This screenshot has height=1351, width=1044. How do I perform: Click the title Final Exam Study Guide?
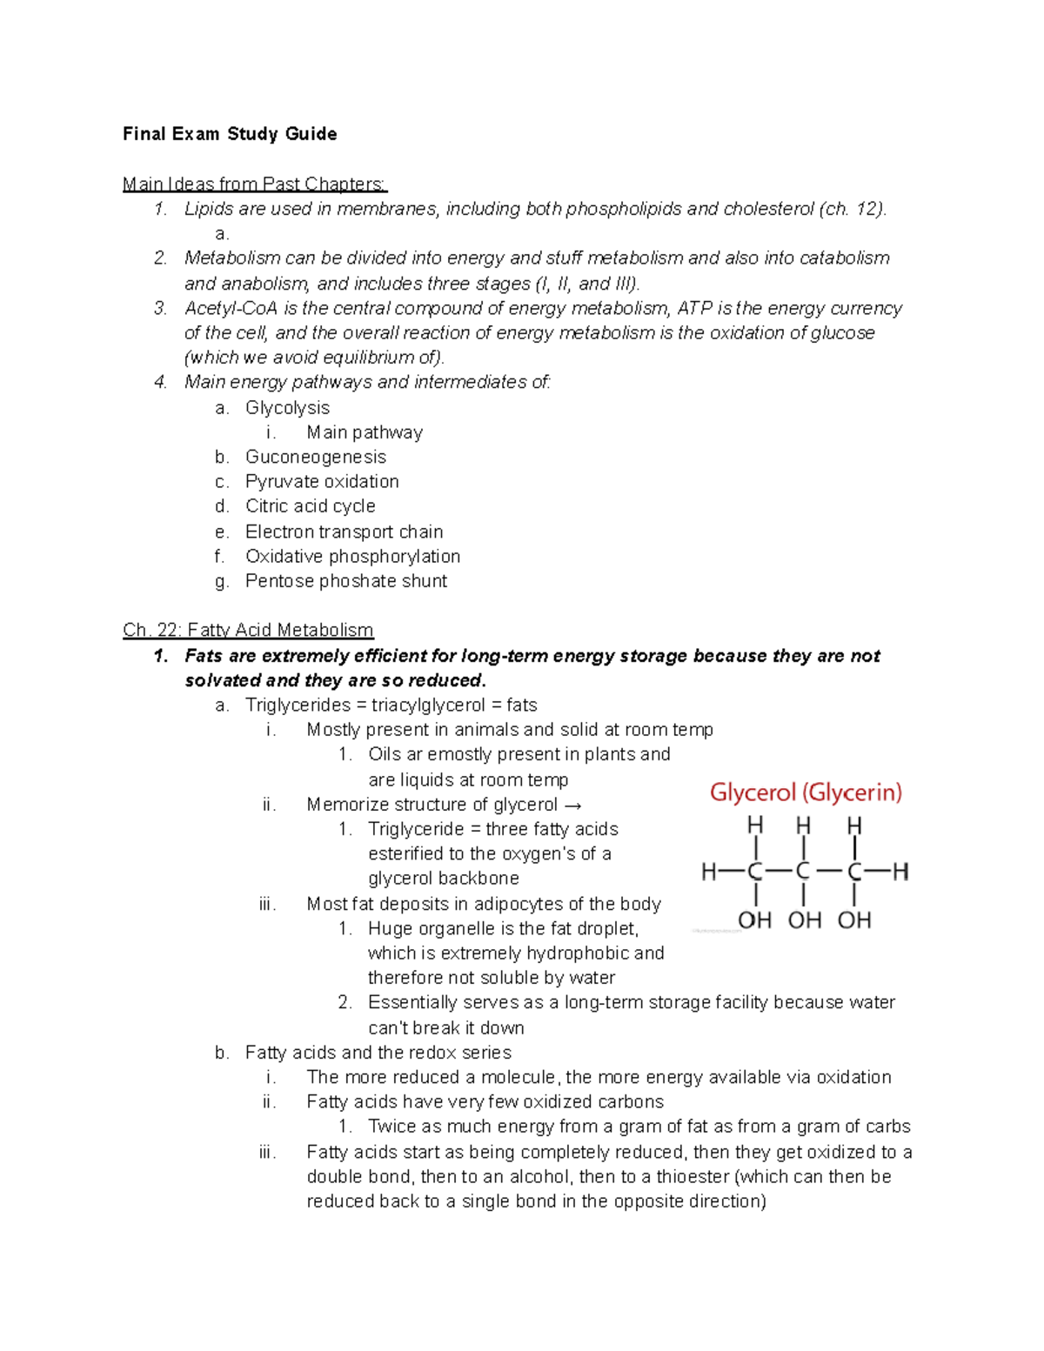click(x=230, y=134)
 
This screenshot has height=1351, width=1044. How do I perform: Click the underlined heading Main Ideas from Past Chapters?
click(x=254, y=184)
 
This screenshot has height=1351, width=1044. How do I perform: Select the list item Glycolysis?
click(x=287, y=408)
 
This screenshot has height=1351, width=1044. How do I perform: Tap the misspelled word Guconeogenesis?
click(x=315, y=458)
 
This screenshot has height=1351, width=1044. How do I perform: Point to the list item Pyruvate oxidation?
click(x=322, y=482)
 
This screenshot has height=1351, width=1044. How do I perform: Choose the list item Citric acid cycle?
click(x=310, y=506)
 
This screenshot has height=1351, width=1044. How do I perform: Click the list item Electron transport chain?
click(x=344, y=532)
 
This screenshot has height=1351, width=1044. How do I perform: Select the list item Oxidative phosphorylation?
click(x=352, y=557)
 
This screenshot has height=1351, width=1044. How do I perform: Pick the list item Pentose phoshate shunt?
click(x=345, y=581)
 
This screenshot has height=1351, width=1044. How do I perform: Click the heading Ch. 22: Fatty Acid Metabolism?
click(x=248, y=631)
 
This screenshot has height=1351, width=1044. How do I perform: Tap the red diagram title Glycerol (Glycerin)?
click(x=806, y=793)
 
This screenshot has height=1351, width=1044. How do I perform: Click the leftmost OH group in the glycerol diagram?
click(x=754, y=920)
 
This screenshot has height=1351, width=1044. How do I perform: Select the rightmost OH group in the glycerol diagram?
click(x=854, y=920)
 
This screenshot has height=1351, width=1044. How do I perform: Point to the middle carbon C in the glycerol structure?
click(x=803, y=872)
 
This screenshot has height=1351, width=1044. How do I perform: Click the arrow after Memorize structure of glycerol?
click(x=572, y=806)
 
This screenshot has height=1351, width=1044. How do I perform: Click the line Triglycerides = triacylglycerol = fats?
click(x=391, y=706)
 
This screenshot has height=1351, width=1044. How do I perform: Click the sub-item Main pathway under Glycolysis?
click(x=364, y=433)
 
